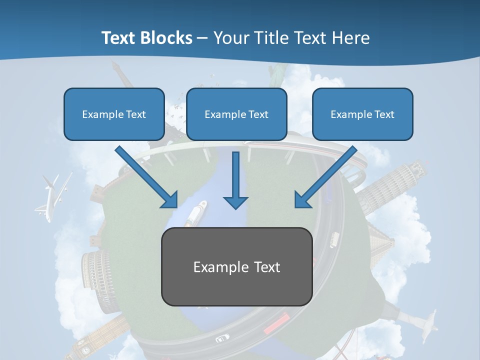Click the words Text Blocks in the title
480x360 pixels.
(x=146, y=38)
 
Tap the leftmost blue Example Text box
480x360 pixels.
(x=114, y=114)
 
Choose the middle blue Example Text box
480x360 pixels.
(x=236, y=114)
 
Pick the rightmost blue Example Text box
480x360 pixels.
(x=362, y=114)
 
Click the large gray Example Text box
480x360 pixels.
(x=236, y=267)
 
